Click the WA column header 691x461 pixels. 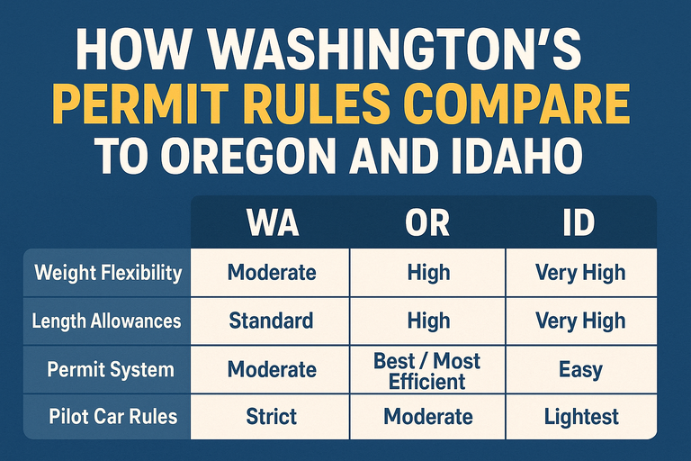tap(271, 222)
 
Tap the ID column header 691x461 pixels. tap(579, 222)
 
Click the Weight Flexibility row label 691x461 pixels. tap(107, 272)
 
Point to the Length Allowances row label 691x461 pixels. tap(107, 321)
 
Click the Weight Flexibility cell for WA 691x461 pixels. tap(271, 272)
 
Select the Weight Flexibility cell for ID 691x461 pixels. tap(579, 272)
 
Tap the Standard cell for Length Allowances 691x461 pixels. tap(271, 321)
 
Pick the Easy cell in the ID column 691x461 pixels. tap(579, 369)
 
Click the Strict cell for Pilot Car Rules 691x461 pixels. tap(271, 417)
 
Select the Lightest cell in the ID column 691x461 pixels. tap(579, 417)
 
